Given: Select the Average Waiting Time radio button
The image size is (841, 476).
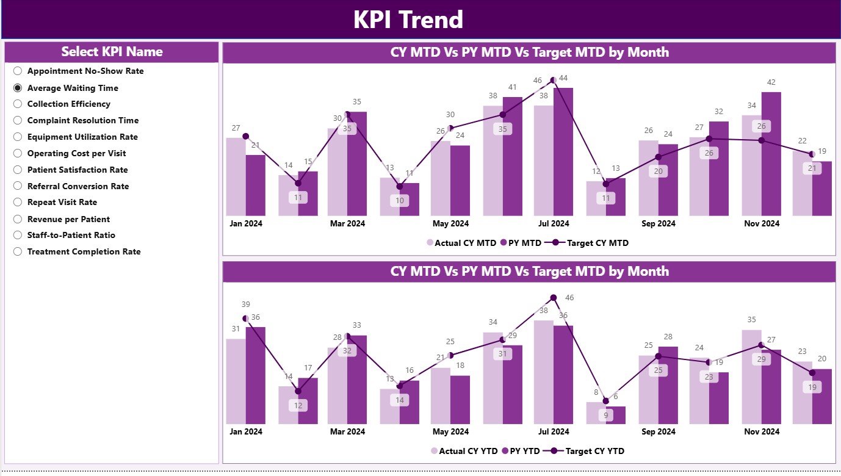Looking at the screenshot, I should pyautogui.click(x=18, y=88).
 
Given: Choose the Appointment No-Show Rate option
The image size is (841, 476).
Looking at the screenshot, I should pyautogui.click(x=18, y=71).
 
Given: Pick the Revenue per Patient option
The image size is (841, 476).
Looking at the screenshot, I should pyautogui.click(x=18, y=219).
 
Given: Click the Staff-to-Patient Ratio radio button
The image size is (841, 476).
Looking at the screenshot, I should pyautogui.click(x=18, y=235).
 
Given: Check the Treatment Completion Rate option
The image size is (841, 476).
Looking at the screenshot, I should pyautogui.click(x=18, y=251).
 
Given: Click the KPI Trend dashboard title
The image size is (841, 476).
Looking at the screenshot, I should pyautogui.click(x=408, y=20).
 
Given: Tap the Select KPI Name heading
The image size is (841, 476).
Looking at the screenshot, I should pyautogui.click(x=112, y=52).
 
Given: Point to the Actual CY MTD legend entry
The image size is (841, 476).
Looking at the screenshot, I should pyautogui.click(x=461, y=243).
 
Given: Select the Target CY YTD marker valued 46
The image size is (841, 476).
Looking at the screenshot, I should pyautogui.click(x=554, y=298).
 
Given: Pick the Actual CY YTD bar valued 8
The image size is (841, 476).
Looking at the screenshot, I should pyautogui.click(x=596, y=413).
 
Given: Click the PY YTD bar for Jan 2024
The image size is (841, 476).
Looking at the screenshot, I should pyautogui.click(x=255, y=375).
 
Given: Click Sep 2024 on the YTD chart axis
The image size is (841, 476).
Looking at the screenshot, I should pyautogui.click(x=658, y=431).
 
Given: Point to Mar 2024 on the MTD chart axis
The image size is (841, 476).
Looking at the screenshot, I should pyautogui.click(x=347, y=223).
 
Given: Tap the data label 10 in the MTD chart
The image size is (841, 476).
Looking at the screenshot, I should pyautogui.click(x=399, y=201).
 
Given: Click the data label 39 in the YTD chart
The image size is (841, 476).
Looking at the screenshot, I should pyautogui.click(x=245, y=305).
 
